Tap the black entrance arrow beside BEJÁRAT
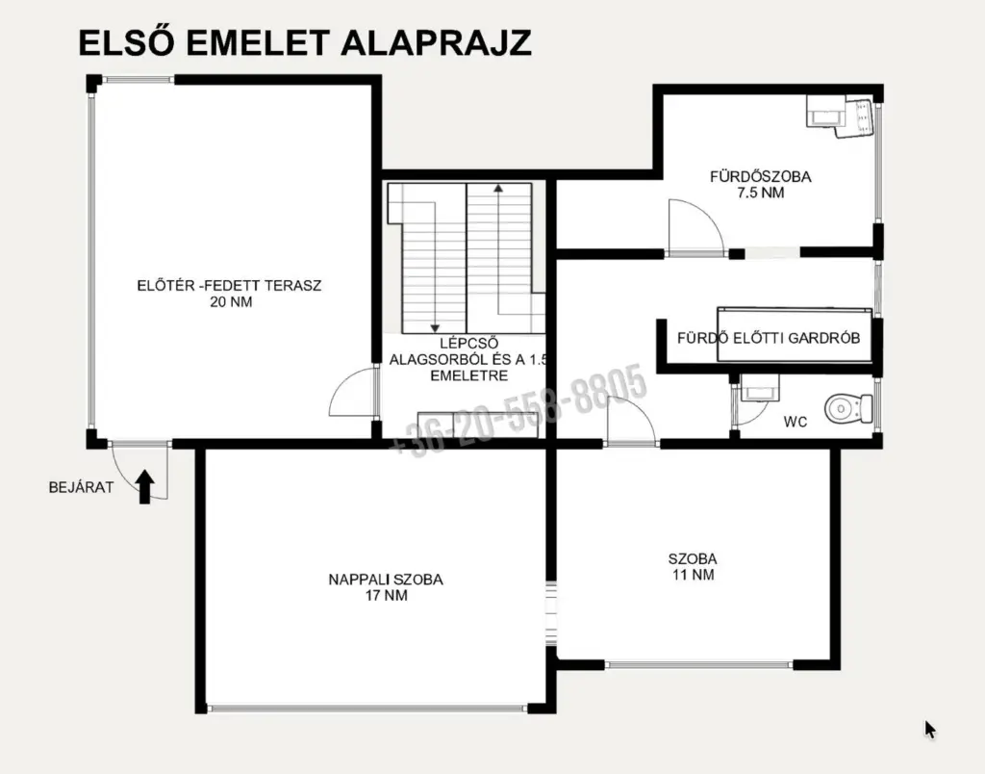coord(146,487)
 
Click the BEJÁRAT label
coord(82,487)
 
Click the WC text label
coord(796,422)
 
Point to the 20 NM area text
coord(231,302)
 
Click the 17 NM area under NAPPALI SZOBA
coord(387,596)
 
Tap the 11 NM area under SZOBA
coord(694,575)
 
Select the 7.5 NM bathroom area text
coord(761,193)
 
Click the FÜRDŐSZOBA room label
coord(761,177)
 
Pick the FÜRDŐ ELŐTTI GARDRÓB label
coord(769,338)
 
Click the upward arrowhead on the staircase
coord(498,187)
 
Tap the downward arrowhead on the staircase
coord(434,328)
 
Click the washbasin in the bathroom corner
coord(841,116)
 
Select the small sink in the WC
coord(759,388)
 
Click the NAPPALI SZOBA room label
coord(386,580)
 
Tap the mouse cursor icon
coord(930,730)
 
